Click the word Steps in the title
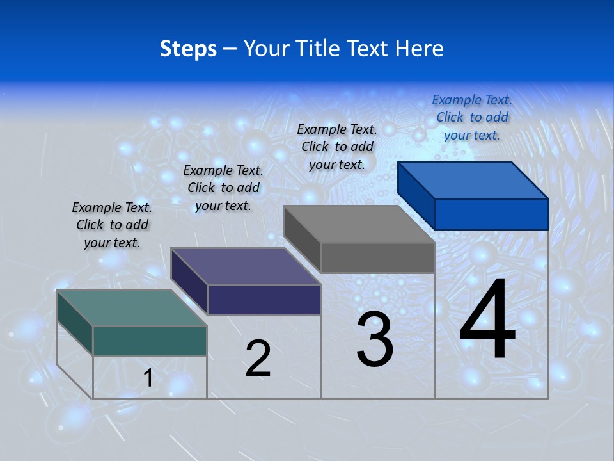188,49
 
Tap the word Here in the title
419,49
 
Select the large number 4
487,320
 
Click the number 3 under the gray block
375,339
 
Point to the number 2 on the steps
258,359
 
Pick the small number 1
148,378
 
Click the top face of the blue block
473,181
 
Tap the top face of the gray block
359,224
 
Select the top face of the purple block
246,266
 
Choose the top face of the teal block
132,308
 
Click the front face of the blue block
491,214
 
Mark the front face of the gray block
377,258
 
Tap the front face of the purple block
264,300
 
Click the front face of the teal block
150,341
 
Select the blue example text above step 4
472,117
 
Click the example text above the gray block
337,147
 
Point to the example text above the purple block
223,188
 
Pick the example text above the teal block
112,225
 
